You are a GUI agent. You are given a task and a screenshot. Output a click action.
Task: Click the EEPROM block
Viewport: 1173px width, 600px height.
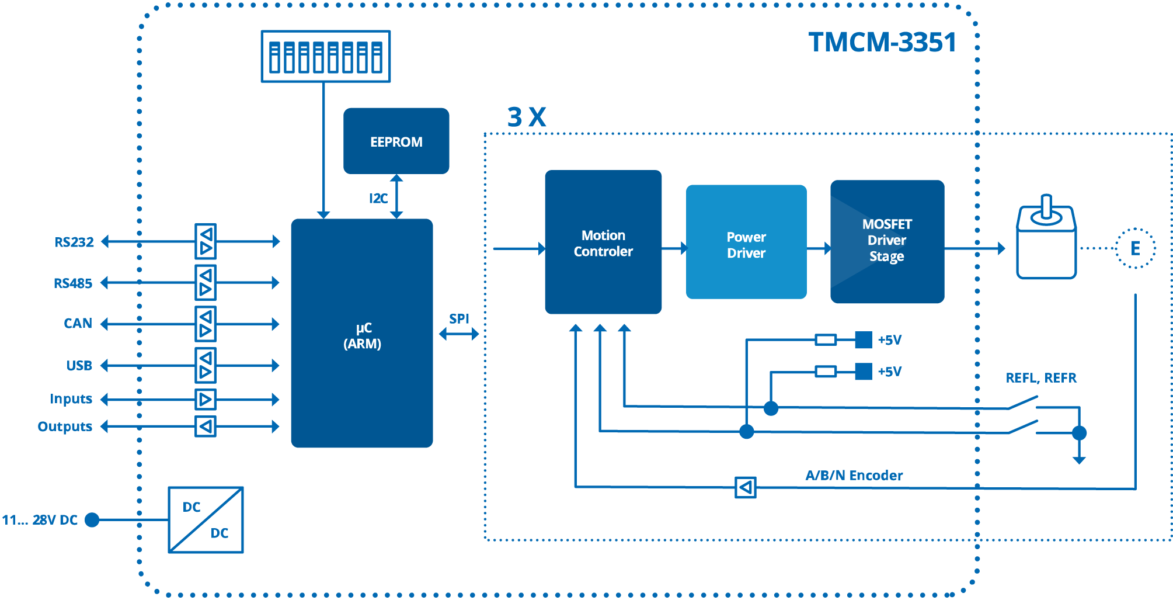(x=396, y=141)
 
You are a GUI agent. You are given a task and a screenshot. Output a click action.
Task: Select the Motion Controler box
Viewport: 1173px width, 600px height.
(x=603, y=242)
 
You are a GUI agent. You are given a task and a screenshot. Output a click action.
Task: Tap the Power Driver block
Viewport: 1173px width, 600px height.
(x=746, y=242)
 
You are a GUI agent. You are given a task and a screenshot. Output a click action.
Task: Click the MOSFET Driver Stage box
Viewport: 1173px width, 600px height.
(x=886, y=241)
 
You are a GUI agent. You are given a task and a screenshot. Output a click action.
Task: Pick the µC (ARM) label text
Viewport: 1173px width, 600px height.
(x=362, y=335)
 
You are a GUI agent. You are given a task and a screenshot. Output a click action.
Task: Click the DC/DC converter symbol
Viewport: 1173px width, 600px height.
(x=206, y=519)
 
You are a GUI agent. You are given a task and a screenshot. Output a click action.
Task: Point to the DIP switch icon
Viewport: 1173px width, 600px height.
(x=325, y=56)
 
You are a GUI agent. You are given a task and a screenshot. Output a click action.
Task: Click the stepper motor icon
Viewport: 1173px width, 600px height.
(x=1046, y=240)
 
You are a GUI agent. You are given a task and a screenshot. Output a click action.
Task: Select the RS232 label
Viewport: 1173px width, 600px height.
(x=74, y=242)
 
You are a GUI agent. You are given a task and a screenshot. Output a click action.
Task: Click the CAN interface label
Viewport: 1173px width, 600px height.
(x=78, y=323)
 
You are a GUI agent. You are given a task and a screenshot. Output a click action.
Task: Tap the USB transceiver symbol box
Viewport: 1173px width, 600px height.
(x=206, y=365)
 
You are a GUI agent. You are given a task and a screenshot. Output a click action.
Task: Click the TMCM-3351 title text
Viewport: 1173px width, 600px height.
(x=882, y=42)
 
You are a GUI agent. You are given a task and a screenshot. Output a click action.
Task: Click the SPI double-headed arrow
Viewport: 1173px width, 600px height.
(x=459, y=334)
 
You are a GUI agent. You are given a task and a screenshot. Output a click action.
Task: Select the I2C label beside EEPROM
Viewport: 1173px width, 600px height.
(x=378, y=199)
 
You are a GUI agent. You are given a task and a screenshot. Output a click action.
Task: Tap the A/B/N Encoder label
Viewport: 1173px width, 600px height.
(x=854, y=475)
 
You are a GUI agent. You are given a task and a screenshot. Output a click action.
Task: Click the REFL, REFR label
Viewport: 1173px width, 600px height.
(x=1040, y=378)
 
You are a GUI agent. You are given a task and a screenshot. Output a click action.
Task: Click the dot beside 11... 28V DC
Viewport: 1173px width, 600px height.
(x=92, y=519)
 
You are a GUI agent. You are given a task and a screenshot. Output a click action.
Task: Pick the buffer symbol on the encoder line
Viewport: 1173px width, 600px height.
(x=745, y=487)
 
